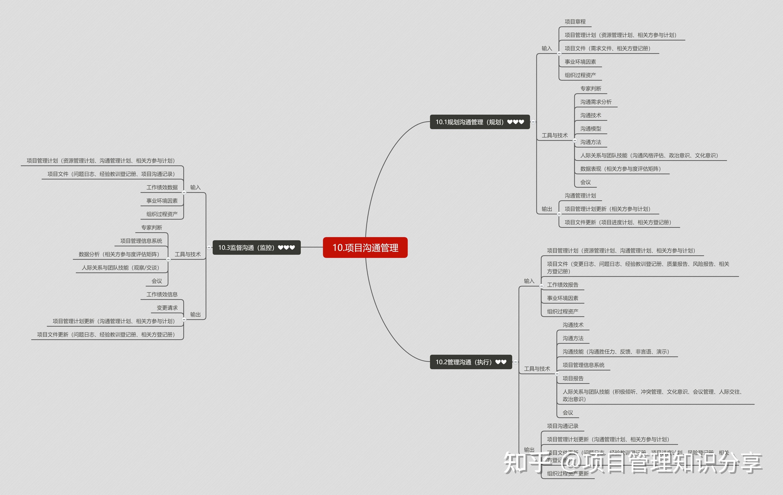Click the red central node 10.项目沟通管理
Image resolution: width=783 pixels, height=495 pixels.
coord(365,248)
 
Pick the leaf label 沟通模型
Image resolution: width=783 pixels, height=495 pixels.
coord(590,129)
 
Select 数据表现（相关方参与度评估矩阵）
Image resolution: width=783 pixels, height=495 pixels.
coord(621,169)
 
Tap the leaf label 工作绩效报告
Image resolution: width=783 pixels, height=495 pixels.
coord(563,285)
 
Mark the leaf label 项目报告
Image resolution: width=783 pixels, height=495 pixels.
coord(573,378)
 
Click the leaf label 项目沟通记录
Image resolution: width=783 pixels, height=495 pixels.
coord(563,426)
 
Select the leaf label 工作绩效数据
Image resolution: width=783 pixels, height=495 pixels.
coord(162,187)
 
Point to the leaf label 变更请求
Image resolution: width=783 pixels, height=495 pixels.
coord(167,308)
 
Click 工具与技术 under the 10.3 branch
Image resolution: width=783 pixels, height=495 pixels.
coord(188,254)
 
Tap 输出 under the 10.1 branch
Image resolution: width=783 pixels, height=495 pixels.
coord(547,209)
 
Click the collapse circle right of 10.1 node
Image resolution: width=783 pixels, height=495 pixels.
coord(533,122)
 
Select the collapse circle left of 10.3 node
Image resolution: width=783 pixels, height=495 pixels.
coord(209,247)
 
